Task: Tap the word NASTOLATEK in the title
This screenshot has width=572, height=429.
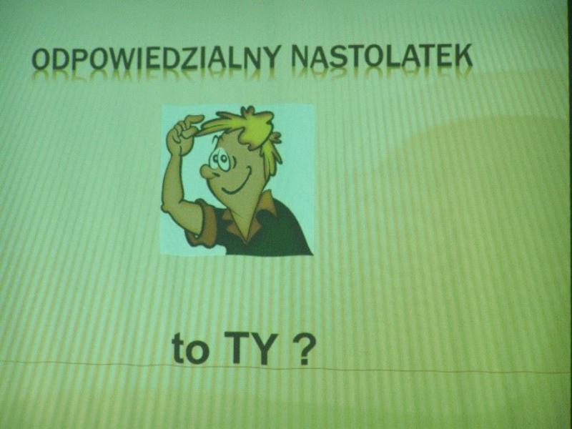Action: pyautogui.click(x=382, y=57)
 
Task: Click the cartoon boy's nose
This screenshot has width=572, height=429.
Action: pyautogui.click(x=207, y=171)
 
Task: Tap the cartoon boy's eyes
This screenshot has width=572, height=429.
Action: pyautogui.click(x=220, y=160)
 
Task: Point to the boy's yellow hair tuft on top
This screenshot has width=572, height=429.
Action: pyautogui.click(x=248, y=124)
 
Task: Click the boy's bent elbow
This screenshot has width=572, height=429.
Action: pyautogui.click(x=169, y=206)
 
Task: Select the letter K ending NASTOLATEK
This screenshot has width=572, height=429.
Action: pyautogui.click(x=463, y=56)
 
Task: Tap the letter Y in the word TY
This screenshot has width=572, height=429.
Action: pyautogui.click(x=262, y=348)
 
